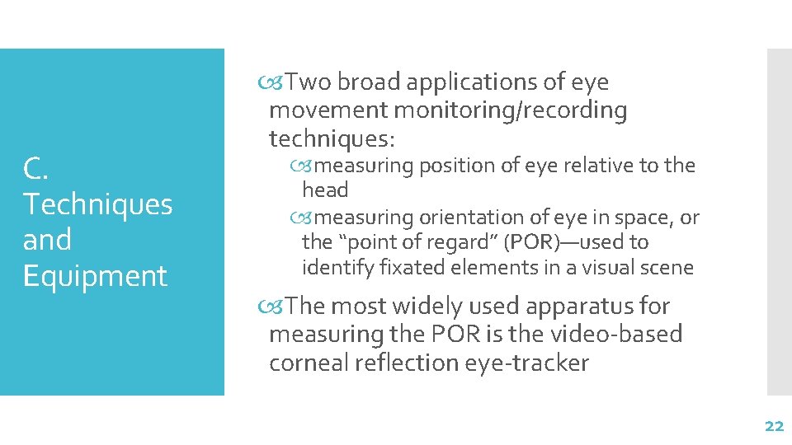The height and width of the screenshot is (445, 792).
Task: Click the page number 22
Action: point(773,426)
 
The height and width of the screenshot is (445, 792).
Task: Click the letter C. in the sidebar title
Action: point(38,169)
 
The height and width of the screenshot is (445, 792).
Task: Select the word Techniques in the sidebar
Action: point(98,204)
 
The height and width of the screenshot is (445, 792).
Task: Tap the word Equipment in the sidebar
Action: point(96,276)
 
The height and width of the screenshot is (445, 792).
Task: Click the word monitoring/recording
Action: point(511,110)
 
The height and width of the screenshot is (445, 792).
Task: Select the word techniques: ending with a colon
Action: point(332,137)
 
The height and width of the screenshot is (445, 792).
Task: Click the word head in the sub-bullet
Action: point(325,190)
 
